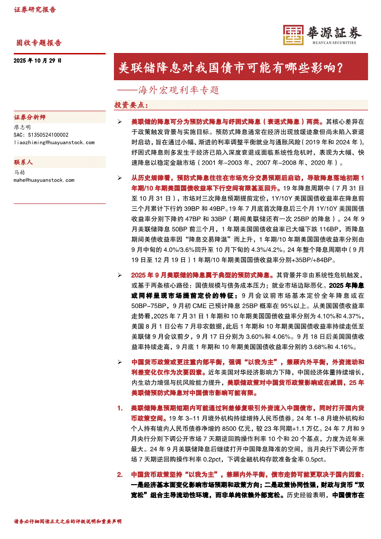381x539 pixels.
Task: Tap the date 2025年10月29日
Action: click(37, 60)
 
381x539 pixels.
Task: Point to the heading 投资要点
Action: click(131, 105)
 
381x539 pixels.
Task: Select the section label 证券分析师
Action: click(30, 118)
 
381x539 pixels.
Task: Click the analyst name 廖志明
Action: click(23, 127)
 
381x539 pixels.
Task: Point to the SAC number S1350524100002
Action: click(41, 135)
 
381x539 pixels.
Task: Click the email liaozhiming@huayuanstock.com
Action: click(54, 142)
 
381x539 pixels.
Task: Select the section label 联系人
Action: click(24, 163)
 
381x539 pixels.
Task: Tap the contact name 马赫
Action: click(20, 172)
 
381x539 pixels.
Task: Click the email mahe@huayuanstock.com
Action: click(44, 180)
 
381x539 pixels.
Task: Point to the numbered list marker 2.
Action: click(120, 474)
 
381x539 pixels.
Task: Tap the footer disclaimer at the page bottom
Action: click(68, 521)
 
